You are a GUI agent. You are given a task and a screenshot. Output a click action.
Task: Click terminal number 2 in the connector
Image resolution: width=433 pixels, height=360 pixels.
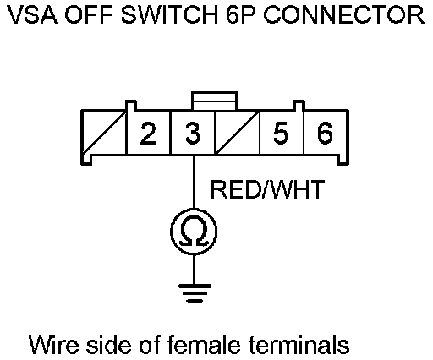148,133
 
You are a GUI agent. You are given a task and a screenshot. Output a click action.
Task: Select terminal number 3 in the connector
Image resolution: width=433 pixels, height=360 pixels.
193,133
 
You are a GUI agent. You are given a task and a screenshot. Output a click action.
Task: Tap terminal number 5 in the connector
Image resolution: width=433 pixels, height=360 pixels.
281,133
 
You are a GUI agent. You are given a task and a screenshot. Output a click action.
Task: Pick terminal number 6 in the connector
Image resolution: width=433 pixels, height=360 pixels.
325,133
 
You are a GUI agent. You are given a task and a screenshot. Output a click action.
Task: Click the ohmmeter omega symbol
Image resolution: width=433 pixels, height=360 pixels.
194,232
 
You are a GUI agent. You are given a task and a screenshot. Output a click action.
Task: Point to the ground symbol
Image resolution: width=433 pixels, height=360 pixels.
195,293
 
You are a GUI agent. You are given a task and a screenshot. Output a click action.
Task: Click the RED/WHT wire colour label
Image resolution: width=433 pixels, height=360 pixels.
267,189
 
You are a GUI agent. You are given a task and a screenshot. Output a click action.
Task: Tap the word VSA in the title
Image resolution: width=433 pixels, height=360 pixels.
32,14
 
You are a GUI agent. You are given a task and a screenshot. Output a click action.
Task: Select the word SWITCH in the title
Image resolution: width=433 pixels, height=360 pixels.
170,14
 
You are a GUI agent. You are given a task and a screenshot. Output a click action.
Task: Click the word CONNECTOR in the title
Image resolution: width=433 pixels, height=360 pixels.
343,14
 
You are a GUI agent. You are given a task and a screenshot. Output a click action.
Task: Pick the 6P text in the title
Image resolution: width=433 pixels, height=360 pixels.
241,14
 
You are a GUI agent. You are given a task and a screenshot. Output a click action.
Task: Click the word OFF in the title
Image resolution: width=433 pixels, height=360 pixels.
89,14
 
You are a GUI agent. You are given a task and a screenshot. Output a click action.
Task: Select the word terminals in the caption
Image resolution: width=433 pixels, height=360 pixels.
299,344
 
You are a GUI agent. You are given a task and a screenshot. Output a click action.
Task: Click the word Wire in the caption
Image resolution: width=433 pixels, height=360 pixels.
54,344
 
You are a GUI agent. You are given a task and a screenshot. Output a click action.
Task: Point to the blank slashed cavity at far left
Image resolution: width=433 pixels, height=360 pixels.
104,133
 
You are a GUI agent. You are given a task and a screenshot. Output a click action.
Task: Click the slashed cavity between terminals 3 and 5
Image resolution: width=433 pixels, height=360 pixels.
238,133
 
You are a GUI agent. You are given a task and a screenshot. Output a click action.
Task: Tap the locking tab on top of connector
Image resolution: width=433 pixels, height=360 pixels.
215,101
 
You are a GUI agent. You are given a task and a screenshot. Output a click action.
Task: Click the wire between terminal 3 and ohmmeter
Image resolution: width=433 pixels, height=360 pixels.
194,182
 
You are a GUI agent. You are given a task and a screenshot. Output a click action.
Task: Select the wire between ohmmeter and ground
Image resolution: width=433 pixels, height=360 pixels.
194,270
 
